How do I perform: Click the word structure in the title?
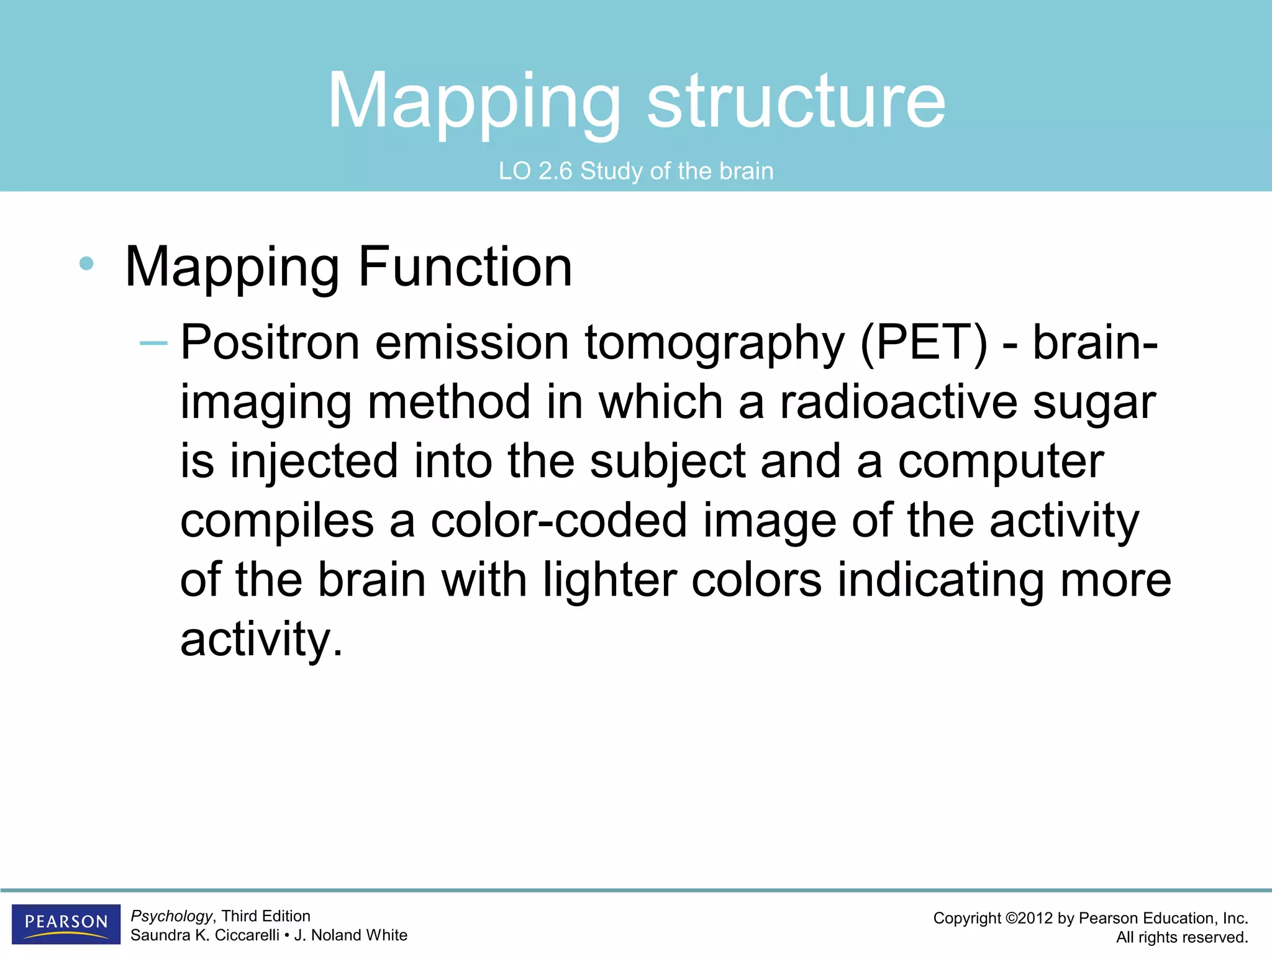pos(796,101)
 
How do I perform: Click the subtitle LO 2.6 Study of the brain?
pos(636,171)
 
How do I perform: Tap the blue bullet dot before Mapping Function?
pos(86,263)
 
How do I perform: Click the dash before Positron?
pos(153,343)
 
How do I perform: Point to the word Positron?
pos(270,343)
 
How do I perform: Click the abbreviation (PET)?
pos(924,343)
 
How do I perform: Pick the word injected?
pos(314,463)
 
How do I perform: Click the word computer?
pos(1001,463)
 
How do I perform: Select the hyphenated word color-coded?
pos(558,520)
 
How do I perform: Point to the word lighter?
pos(609,580)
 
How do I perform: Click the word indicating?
pos(940,580)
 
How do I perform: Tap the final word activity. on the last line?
pos(261,640)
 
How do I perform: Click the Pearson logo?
pos(66,924)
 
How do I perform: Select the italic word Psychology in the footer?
pos(171,916)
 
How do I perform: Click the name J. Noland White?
pos(350,935)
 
